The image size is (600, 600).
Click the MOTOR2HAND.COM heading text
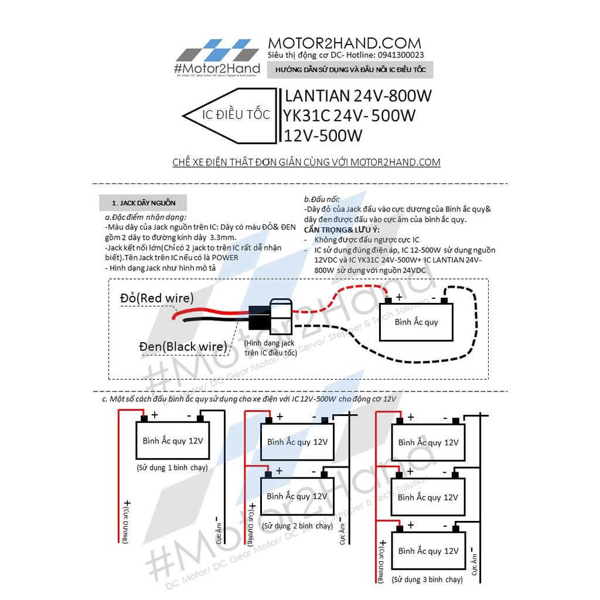click(344, 43)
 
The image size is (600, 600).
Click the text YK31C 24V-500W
click(349, 115)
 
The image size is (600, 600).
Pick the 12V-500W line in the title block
click(323, 135)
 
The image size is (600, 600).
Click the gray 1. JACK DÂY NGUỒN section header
click(144, 203)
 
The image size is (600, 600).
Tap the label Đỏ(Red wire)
click(157, 298)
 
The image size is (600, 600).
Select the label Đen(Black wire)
click(182, 346)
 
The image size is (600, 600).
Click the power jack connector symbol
click(270, 316)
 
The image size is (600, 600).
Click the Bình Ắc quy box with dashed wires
click(416, 322)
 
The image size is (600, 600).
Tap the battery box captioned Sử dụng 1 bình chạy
click(173, 441)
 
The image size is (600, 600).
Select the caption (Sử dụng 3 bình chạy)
click(427, 579)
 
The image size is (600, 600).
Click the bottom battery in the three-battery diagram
click(428, 551)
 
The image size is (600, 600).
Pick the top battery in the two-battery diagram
click(297, 442)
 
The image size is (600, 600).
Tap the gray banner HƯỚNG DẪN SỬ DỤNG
click(350, 70)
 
